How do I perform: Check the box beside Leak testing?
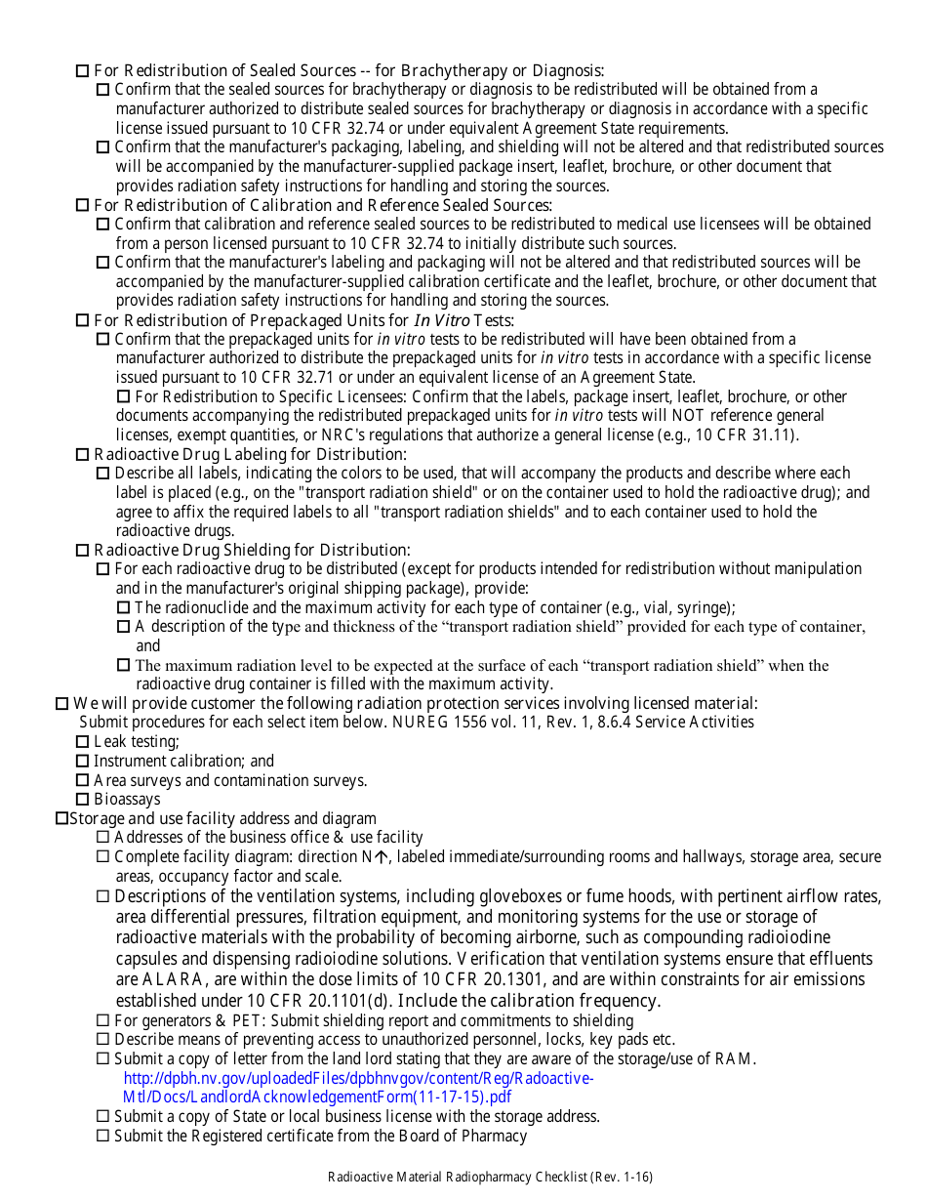(x=83, y=742)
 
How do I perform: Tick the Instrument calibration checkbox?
(x=83, y=762)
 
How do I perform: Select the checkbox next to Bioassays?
(x=83, y=800)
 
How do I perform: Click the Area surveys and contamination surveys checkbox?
(x=83, y=781)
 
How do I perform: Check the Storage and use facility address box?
(x=62, y=818)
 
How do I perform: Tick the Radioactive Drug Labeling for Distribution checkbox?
(x=83, y=455)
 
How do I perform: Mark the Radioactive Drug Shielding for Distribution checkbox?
(x=83, y=551)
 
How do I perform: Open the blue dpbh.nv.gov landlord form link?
(x=357, y=1088)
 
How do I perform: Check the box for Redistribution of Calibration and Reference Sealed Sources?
(x=83, y=206)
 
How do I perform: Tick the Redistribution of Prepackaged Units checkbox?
(x=83, y=321)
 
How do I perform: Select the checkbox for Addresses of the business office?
(x=103, y=838)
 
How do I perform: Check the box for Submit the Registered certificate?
(x=103, y=1137)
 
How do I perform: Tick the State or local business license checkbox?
(x=103, y=1117)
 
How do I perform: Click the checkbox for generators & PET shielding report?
(x=103, y=1021)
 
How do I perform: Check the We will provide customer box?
(x=62, y=704)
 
